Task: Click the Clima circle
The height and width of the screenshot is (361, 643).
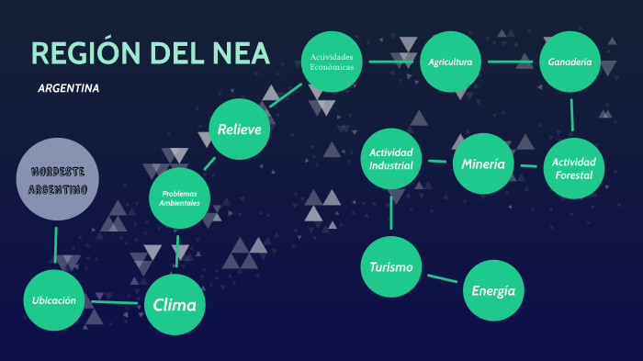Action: pos(175,304)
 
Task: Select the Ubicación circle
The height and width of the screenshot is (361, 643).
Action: pos(54,299)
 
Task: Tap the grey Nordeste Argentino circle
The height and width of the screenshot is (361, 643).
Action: pos(58,180)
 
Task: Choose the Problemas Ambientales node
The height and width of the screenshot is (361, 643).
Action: pos(180,197)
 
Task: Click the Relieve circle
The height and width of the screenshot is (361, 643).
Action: pos(240,130)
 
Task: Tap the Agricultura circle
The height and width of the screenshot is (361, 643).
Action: pos(450,62)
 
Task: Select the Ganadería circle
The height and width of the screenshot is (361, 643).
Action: pos(570,62)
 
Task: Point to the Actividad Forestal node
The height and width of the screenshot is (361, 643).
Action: pos(573,169)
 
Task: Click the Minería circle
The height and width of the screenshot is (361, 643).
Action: pos(483,164)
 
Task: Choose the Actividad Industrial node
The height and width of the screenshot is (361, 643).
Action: pos(391,158)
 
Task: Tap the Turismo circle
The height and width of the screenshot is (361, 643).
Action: pos(390,267)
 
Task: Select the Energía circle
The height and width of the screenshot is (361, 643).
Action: pos(493,290)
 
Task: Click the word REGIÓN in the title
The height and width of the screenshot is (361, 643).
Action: pos(90,53)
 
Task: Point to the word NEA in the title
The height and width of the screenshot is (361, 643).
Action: pos(240,53)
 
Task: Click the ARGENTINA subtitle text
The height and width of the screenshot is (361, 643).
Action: pos(69,89)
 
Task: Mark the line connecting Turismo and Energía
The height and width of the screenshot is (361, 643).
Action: pos(442,278)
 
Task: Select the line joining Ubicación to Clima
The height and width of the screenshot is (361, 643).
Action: pos(115,301)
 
